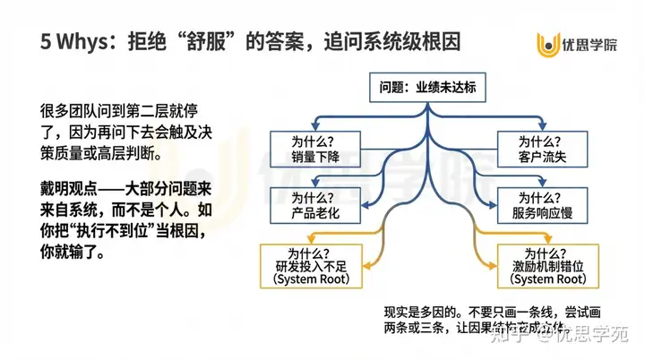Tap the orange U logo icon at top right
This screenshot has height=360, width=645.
[547, 42]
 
